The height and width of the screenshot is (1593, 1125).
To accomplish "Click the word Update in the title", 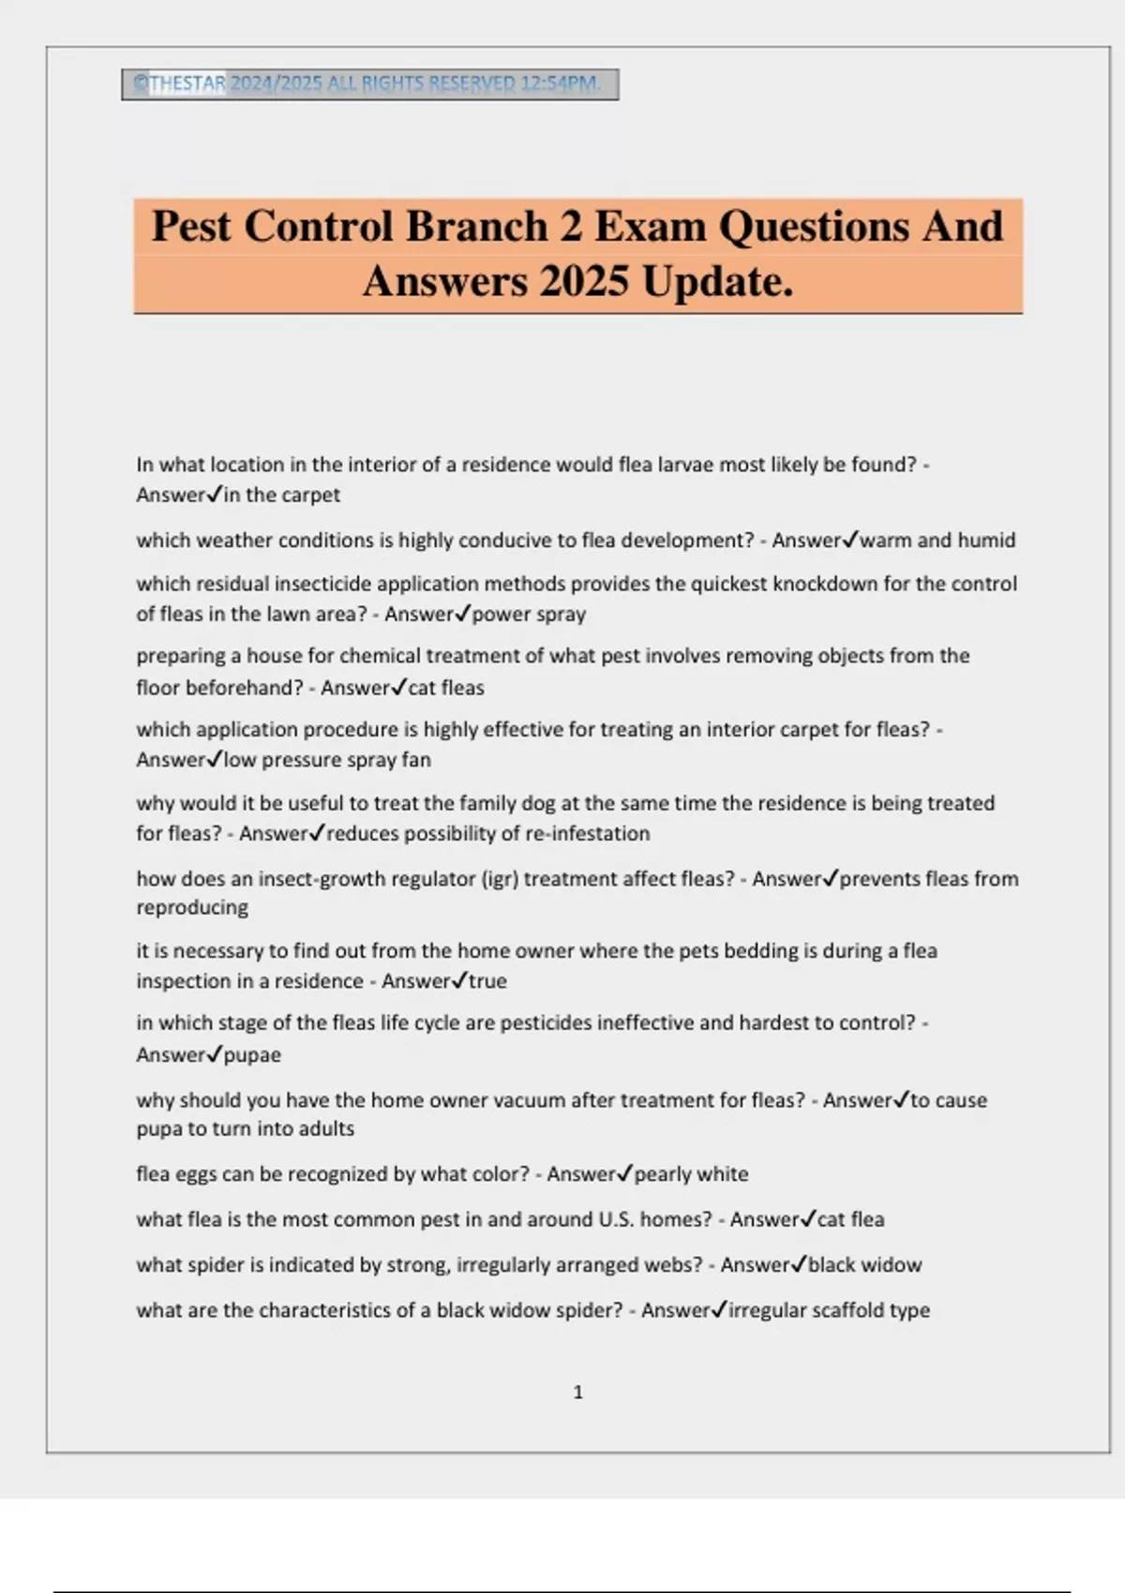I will (x=717, y=281).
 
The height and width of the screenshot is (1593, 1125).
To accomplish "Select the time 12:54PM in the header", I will (x=560, y=83).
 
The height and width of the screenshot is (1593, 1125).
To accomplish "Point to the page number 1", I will (x=577, y=1392).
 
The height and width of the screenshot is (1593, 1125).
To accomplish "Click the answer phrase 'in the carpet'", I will (x=281, y=495).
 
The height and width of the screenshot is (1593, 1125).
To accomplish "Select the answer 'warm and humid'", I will (x=937, y=540).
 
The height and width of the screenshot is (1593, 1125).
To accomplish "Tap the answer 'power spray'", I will (x=529, y=614).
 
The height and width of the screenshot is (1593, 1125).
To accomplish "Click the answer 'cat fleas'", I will (x=446, y=687).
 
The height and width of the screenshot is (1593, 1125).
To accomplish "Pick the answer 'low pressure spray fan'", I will (x=327, y=759).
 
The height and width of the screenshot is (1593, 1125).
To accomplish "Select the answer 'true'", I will (x=487, y=981).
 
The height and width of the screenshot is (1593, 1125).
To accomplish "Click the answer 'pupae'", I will (x=252, y=1054).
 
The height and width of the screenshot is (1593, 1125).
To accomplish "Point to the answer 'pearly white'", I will (x=691, y=1173).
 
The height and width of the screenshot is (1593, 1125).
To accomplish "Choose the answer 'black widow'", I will (x=864, y=1264).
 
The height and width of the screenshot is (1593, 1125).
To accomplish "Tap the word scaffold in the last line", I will (x=847, y=1310).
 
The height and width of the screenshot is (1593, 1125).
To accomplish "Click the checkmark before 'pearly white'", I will (x=624, y=1172).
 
